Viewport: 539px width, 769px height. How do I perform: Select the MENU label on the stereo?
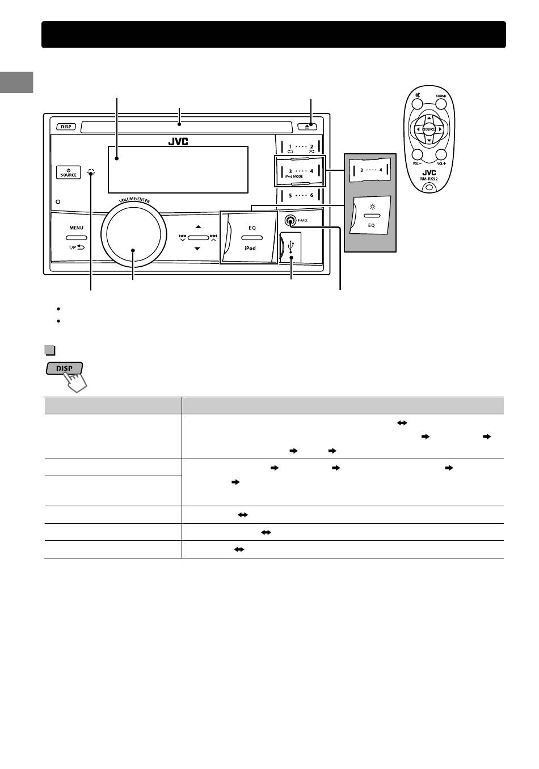[76, 228]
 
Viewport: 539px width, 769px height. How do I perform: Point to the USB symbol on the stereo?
[291, 248]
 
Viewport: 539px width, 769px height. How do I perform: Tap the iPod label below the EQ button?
[250, 249]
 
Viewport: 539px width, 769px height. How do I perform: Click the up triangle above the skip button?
[197, 228]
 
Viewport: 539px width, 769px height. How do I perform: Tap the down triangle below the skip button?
[197, 249]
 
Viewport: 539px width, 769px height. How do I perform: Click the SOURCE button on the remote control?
[429, 129]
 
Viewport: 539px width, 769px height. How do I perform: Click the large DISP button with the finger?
[64, 368]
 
